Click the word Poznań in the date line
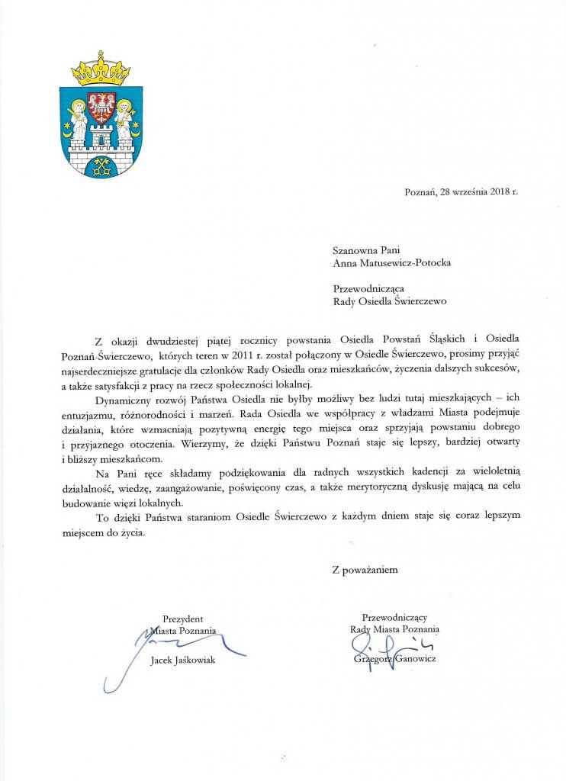(x=420, y=191)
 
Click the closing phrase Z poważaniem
(x=364, y=568)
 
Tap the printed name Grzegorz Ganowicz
(x=394, y=658)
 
